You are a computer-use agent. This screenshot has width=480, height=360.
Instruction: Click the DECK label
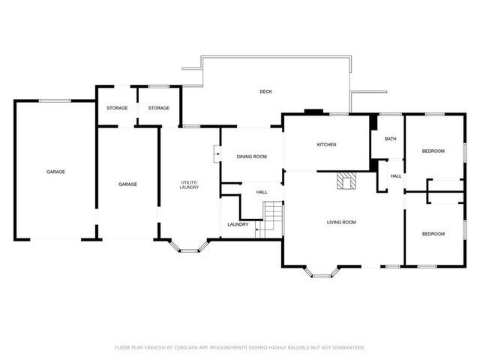pos(265,91)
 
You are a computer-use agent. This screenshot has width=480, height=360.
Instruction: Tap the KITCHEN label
pos(325,145)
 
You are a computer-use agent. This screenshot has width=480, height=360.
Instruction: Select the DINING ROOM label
pos(251,157)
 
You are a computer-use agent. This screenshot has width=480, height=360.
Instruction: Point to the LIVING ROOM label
pos(340,222)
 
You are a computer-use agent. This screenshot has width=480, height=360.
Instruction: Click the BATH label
pos(390,139)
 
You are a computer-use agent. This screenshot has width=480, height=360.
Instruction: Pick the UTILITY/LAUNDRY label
pos(189,184)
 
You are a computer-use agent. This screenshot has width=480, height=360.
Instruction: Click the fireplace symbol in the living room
pos(346,181)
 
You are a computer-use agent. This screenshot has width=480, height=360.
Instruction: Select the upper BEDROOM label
pos(433,151)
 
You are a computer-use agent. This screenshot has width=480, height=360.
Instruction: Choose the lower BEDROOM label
pos(433,234)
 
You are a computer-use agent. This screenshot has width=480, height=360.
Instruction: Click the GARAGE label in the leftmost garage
pos(55,172)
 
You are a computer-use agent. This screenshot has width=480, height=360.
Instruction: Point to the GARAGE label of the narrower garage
pos(127,184)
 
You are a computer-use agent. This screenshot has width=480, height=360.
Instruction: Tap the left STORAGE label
pos(116,108)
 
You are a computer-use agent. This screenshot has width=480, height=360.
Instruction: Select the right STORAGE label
pos(158,108)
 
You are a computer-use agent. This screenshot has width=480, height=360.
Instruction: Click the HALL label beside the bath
pos(395,176)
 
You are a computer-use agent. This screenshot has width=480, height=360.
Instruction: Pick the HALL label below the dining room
pos(262,192)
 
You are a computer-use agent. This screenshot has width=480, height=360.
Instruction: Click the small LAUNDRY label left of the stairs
pos(238,224)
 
